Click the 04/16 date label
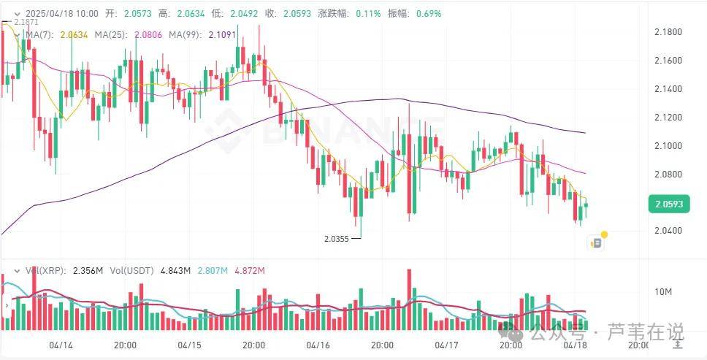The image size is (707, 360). click(x=317, y=344)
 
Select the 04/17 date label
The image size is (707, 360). click(x=446, y=344)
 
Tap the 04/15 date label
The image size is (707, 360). click(x=188, y=344)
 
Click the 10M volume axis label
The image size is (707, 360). click(x=663, y=292)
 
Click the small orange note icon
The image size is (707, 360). click(x=597, y=242)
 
